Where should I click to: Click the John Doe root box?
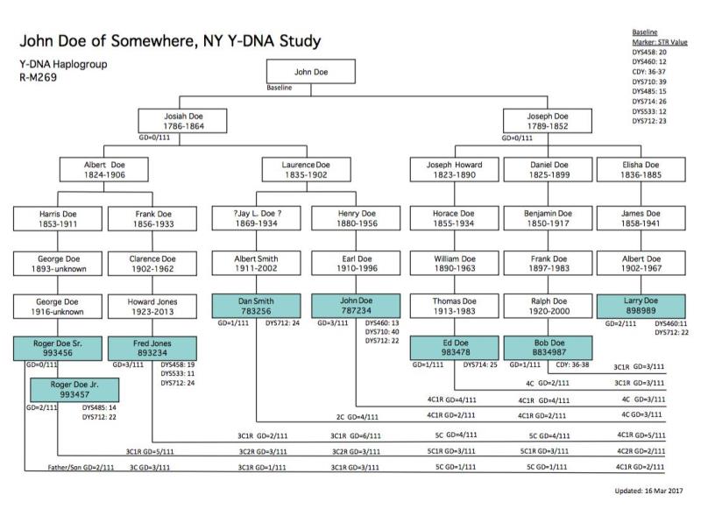tap(310, 72)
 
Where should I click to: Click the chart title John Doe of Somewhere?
tap(170, 41)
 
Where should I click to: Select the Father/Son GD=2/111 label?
tap(81, 468)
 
